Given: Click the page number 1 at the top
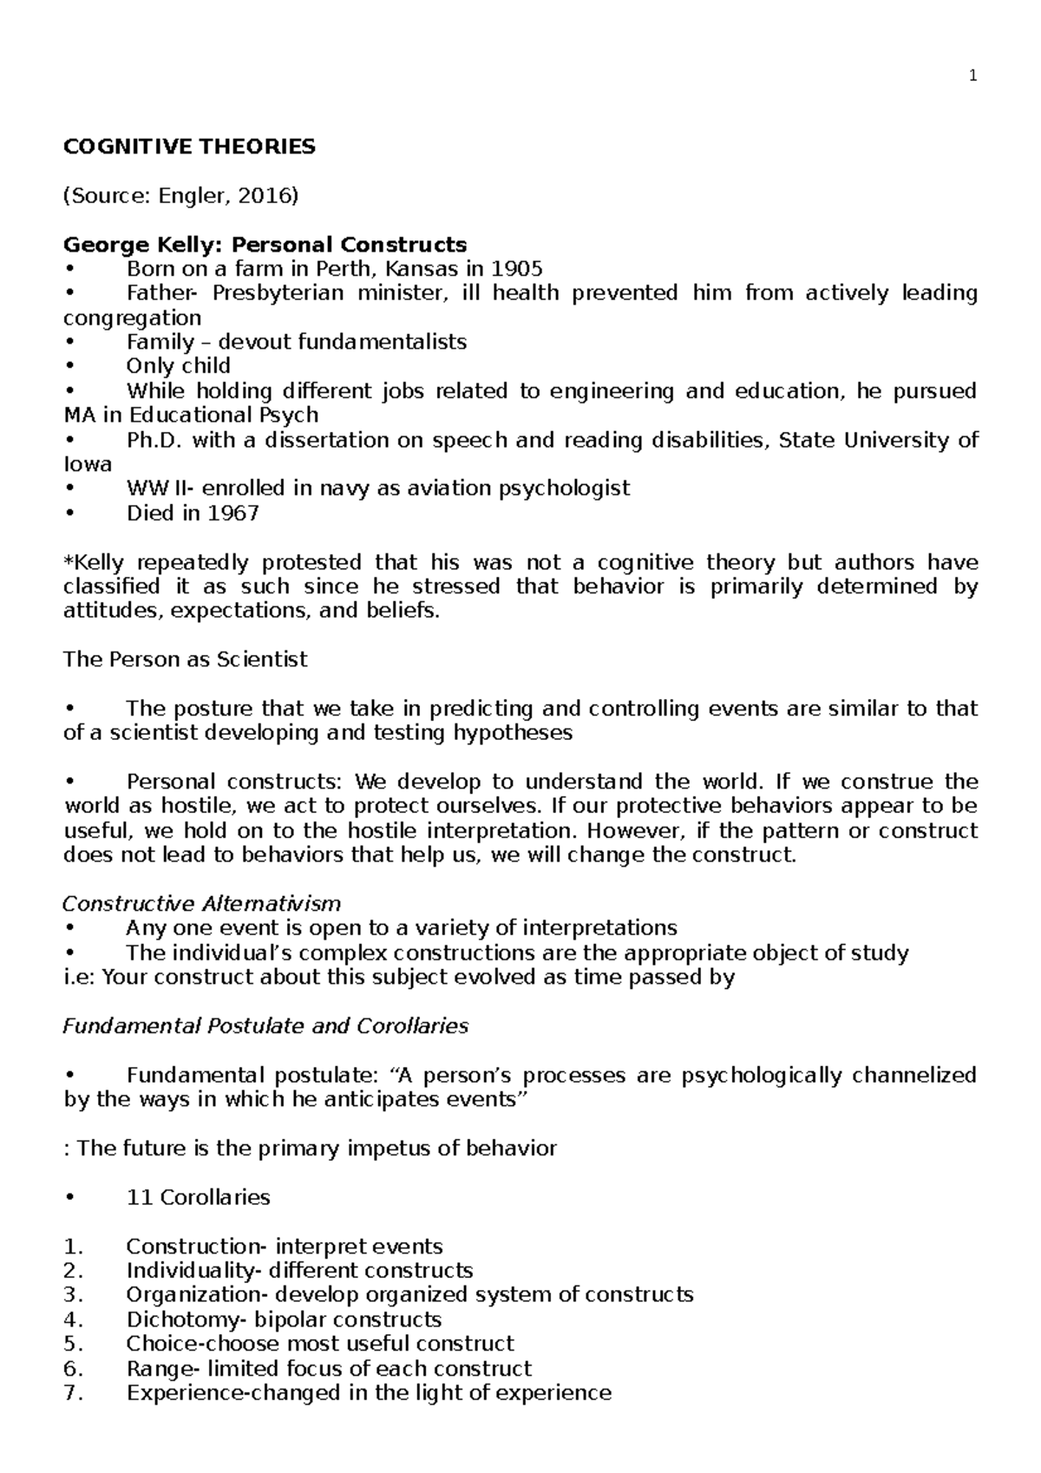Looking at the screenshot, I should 973,76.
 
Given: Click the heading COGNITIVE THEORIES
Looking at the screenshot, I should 189,147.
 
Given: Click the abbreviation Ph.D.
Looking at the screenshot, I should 152,441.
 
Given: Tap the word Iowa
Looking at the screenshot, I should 88,464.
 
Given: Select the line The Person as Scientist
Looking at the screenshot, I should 185,659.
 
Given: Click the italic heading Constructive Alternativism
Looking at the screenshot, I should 201,904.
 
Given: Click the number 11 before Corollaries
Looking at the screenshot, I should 139,1198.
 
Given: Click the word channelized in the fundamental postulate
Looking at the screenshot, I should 914,1076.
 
